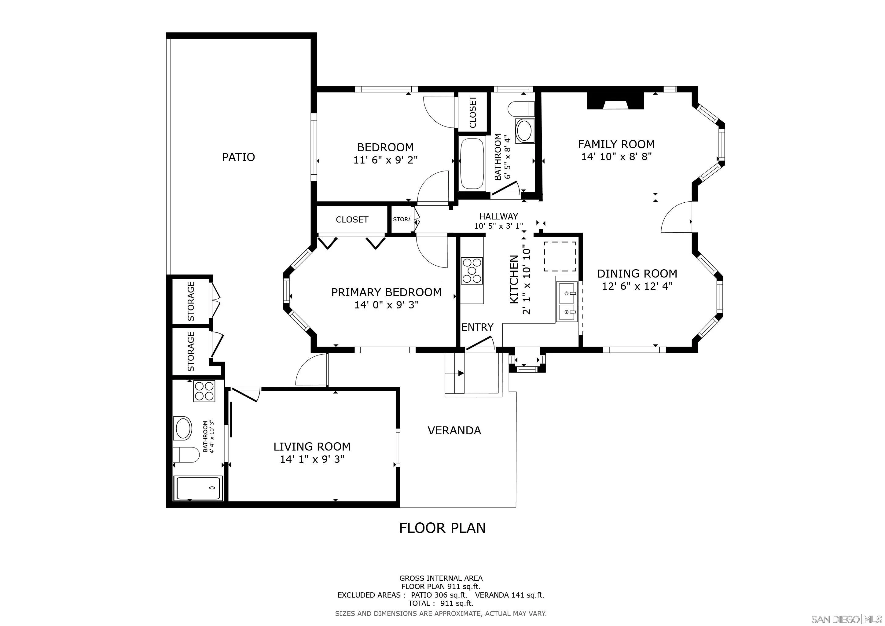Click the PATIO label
238,157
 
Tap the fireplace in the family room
615,102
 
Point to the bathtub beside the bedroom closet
472,164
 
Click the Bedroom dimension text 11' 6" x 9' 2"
385,160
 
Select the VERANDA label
454,431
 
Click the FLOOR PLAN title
442,528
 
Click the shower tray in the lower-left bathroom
198,488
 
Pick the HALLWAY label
498,217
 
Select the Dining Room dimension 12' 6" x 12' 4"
637,286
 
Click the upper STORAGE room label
191,301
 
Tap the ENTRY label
477,327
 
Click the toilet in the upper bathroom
521,109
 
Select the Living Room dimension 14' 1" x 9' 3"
312,459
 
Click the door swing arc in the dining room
675,218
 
